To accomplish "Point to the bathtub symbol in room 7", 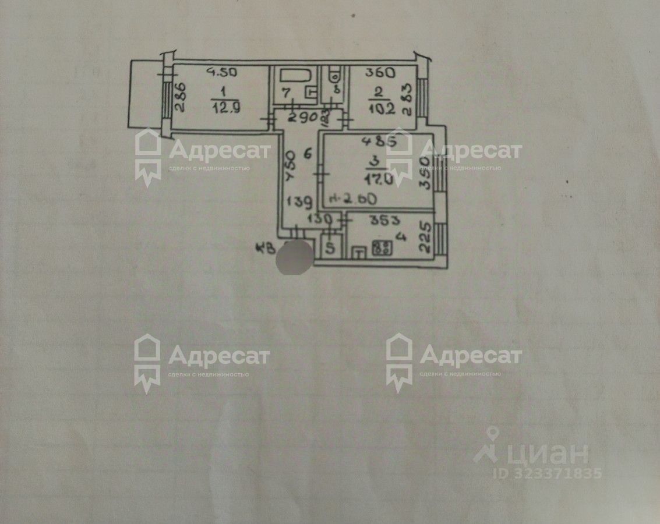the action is coord(297,76).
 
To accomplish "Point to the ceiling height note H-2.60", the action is coord(353,199).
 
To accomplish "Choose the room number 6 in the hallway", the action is coord(309,154).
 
